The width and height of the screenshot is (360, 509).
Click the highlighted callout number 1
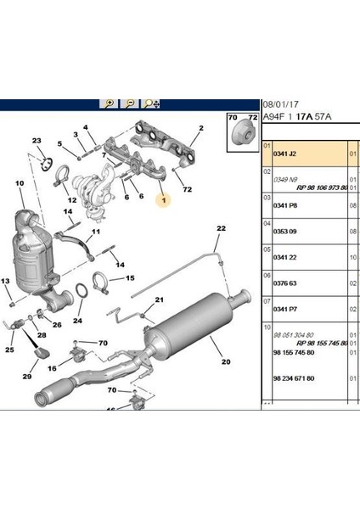pos(165,200)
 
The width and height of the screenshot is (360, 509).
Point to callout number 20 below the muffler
pos(226,363)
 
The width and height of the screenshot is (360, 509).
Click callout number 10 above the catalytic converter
pos(20,183)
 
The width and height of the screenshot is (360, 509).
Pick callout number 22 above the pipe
pos(221,229)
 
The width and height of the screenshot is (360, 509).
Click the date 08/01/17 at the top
pos(279,99)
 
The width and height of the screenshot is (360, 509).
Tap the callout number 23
pos(37,140)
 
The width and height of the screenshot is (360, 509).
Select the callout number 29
pos(26,377)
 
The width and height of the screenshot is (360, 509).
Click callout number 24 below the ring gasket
pos(77,321)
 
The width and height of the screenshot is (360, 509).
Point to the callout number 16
pos(53,369)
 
